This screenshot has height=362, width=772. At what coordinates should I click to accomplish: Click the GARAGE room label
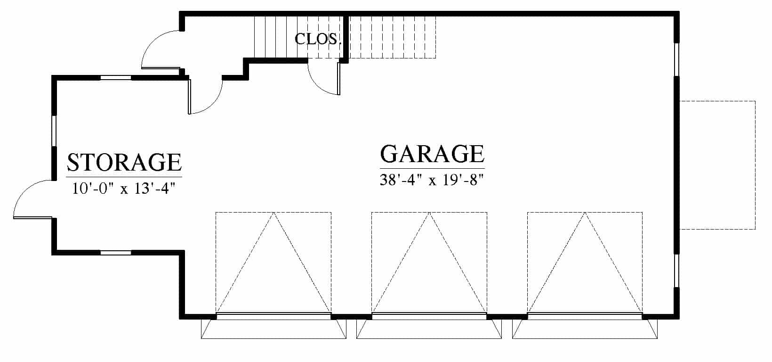[432, 154]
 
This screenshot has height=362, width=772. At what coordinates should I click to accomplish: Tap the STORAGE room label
[124, 162]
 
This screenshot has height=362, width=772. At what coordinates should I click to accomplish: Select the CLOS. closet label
[318, 39]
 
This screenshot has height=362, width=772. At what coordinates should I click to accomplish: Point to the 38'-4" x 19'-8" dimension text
[432, 180]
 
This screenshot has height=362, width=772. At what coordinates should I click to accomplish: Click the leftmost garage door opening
[273, 316]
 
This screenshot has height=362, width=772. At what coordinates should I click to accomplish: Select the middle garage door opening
[429, 316]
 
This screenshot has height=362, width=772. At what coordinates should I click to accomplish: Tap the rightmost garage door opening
[585, 316]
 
